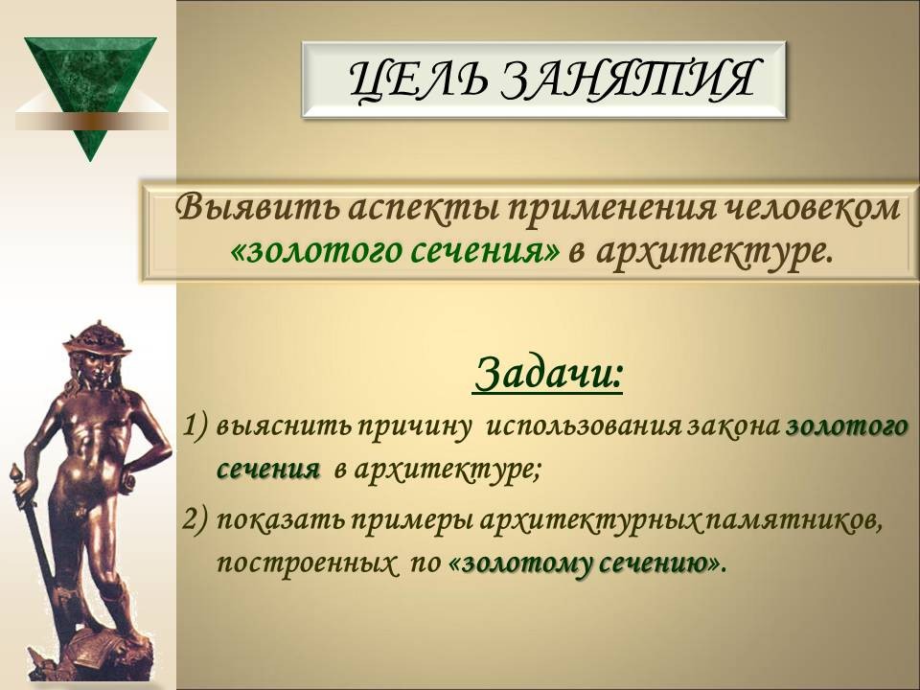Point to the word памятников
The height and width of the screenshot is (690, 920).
[795, 520]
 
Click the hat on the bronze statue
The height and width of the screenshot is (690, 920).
[96, 340]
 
